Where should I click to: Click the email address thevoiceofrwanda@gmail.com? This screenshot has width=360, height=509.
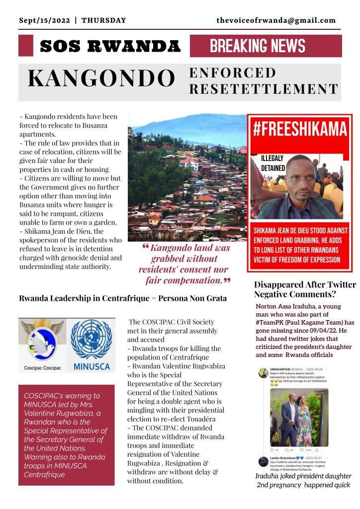[x=276, y=20]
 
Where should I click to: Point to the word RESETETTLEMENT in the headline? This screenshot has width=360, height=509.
[x=264, y=89]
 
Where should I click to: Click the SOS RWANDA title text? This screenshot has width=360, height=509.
[x=110, y=47]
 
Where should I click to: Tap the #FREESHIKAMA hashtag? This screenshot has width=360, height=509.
[x=299, y=129]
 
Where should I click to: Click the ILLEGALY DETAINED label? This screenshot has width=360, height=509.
[x=273, y=163]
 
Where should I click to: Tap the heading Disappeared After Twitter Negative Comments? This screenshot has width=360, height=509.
[x=305, y=290]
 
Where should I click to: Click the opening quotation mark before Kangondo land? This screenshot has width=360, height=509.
[x=146, y=247]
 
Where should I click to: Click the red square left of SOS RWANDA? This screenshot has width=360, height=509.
[x=25, y=46]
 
